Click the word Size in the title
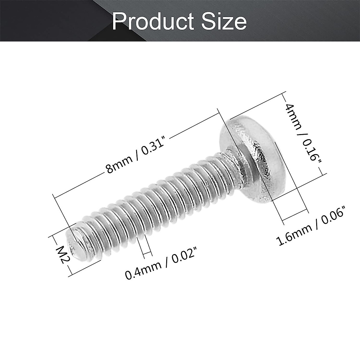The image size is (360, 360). [222, 22]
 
